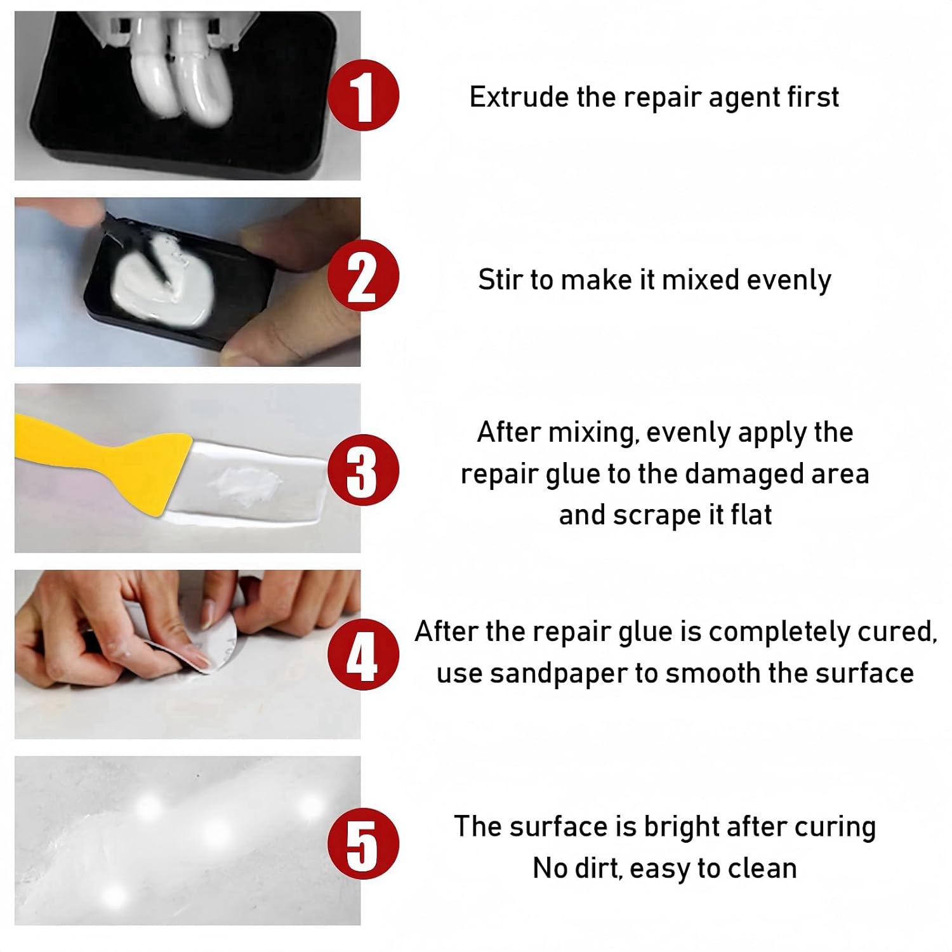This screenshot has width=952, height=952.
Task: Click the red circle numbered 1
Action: pos(363,96)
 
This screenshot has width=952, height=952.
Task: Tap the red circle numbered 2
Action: pos(363,276)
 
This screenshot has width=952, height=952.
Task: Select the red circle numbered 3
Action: pos(363,470)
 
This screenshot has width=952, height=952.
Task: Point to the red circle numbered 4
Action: pos(363,654)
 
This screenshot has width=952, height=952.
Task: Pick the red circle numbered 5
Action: pos(363,843)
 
